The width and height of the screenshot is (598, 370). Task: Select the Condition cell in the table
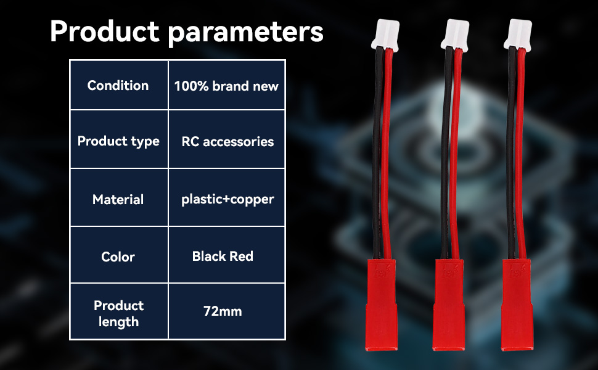(x=119, y=85)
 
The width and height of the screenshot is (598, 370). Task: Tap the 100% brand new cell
(x=226, y=85)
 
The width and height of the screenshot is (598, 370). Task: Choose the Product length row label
(x=119, y=311)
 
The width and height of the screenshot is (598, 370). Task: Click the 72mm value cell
(x=226, y=311)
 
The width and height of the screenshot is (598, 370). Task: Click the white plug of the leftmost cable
(x=385, y=35)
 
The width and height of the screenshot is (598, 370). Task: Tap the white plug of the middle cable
(x=455, y=35)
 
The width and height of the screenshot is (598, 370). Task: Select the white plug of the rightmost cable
(x=518, y=35)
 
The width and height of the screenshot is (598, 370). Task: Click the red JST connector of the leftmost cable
(x=382, y=305)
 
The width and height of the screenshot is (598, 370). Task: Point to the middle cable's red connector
(x=449, y=305)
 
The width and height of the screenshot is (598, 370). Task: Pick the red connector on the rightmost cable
(x=517, y=305)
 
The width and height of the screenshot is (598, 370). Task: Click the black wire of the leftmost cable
(x=378, y=152)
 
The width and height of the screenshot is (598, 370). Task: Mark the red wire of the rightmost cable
(x=520, y=152)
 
